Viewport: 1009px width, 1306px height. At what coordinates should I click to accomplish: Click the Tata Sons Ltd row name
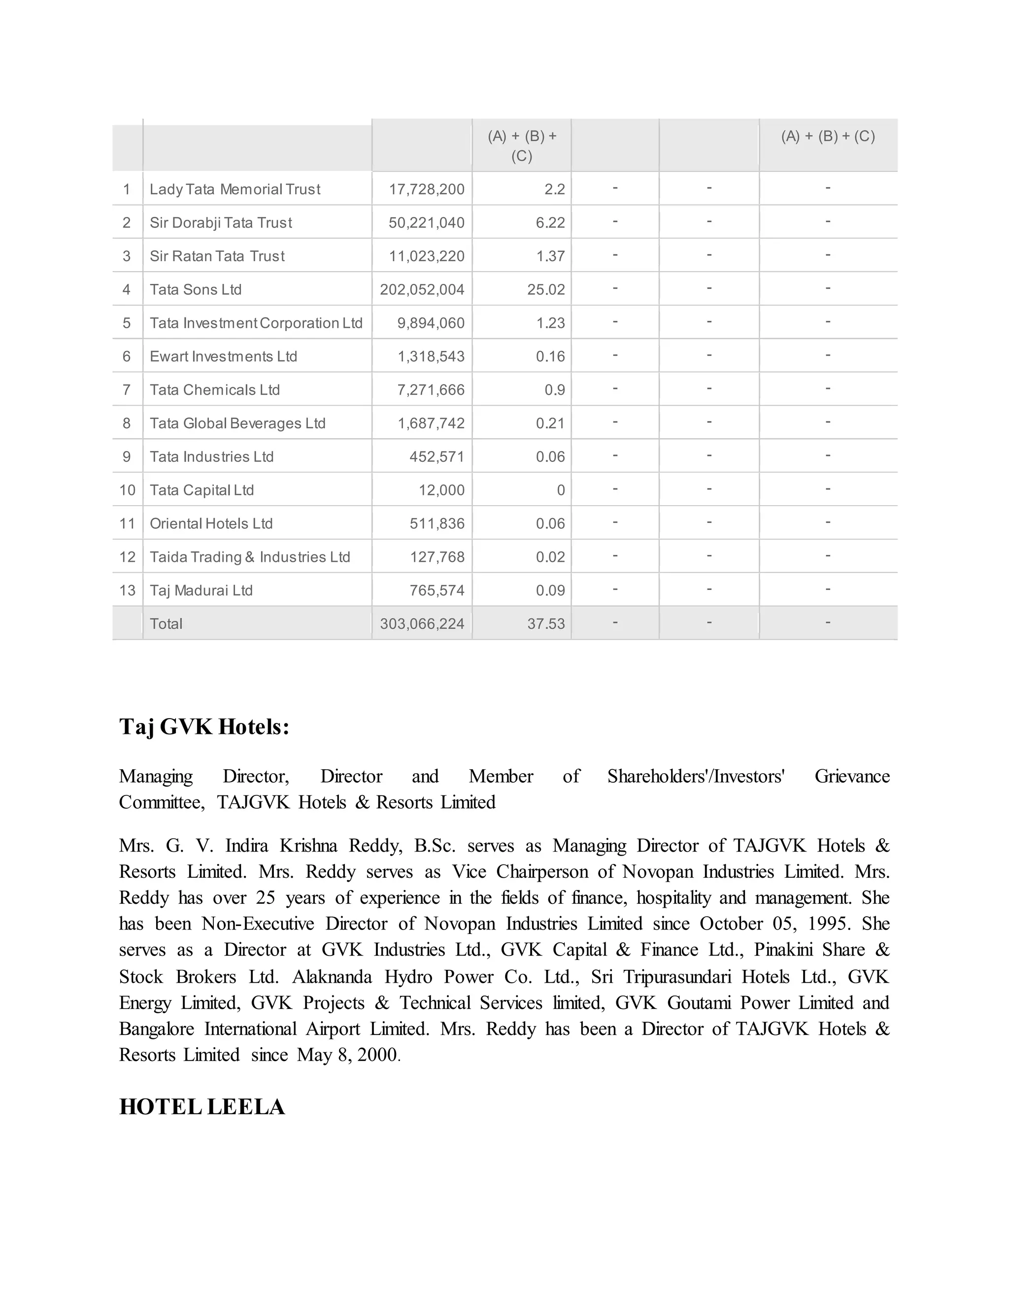(x=196, y=289)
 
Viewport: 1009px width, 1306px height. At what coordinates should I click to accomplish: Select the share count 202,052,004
(x=422, y=289)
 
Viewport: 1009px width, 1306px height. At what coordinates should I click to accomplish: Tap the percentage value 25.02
(x=546, y=289)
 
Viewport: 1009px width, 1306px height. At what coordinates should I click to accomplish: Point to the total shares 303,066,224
(x=422, y=624)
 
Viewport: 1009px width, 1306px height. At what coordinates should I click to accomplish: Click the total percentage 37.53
(x=546, y=624)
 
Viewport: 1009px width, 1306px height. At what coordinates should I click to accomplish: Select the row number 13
(x=127, y=590)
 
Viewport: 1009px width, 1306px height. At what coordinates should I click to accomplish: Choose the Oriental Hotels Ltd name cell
(x=211, y=523)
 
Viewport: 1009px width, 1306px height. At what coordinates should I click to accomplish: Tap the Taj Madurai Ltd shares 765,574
(x=437, y=590)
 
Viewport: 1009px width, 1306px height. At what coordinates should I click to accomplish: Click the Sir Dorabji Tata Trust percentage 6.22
(x=550, y=222)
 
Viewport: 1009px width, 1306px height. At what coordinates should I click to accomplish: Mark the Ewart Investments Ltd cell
(x=223, y=356)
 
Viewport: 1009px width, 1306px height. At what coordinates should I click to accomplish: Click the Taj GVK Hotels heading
(x=204, y=727)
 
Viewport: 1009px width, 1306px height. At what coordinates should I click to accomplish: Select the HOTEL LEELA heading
(x=202, y=1107)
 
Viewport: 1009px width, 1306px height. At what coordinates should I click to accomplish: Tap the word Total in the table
(x=166, y=624)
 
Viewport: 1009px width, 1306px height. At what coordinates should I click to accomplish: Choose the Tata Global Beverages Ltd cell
(x=237, y=423)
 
